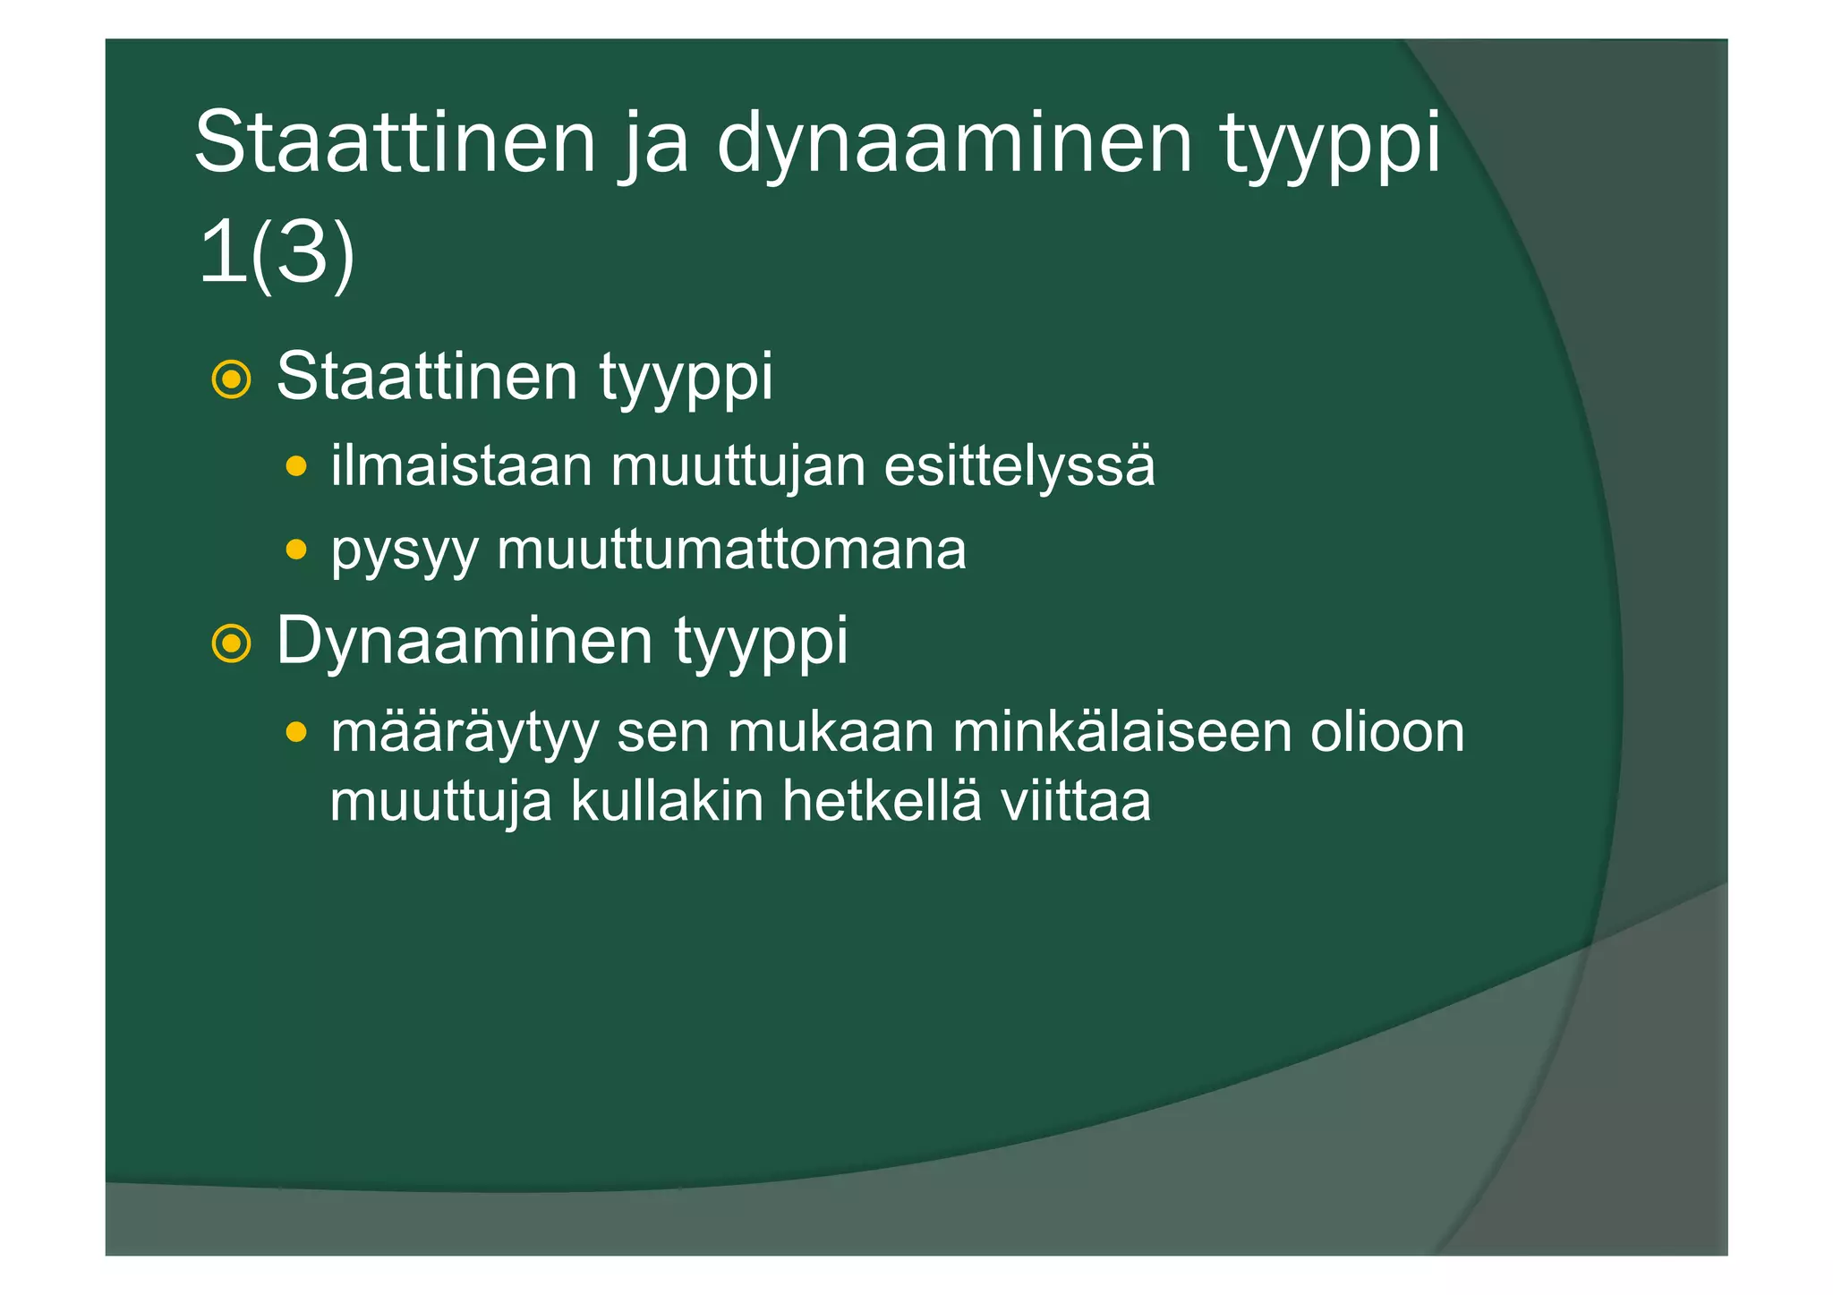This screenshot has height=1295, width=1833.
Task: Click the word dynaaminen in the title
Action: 954,143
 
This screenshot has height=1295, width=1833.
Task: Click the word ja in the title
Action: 655,143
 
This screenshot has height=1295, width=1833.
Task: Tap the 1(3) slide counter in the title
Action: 276,255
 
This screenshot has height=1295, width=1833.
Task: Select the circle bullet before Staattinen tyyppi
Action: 231,379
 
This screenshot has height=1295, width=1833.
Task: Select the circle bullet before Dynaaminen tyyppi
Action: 231,643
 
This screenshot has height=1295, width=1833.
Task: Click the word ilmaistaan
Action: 461,466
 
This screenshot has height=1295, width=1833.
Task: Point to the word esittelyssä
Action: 1019,466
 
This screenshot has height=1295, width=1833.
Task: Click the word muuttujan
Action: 738,466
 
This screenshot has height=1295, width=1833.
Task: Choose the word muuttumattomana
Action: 731,550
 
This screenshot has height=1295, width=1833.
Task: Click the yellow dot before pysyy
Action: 296,549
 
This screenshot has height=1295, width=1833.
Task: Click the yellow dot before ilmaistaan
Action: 296,466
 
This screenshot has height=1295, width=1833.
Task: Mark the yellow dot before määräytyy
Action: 296,733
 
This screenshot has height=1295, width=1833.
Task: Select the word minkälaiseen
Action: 1121,732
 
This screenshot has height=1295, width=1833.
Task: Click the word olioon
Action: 1387,732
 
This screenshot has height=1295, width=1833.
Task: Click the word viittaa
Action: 1075,800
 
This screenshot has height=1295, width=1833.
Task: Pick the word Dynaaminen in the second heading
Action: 465,641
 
